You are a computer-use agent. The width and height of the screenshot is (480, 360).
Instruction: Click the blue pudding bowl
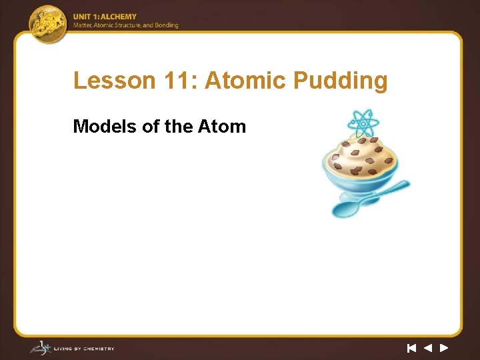pyautogui.click(x=360, y=173)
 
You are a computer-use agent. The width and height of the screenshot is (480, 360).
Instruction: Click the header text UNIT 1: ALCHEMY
pyautogui.click(x=105, y=17)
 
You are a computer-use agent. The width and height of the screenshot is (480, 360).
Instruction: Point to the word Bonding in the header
pyautogui.click(x=167, y=25)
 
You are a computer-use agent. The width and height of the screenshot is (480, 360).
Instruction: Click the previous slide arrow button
pyautogui.click(x=428, y=348)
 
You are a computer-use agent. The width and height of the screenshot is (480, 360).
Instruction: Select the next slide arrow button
pyautogui.click(x=444, y=348)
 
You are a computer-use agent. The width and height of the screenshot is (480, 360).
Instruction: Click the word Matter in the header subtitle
pyautogui.click(x=83, y=25)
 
